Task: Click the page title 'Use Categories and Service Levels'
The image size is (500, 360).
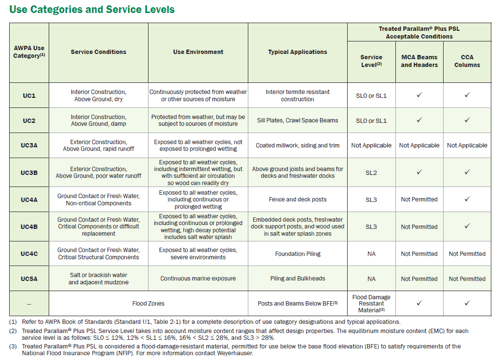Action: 92,10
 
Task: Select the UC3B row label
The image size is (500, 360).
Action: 29,173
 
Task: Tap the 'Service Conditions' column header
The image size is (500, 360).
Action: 98,52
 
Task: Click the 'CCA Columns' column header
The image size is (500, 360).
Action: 467,61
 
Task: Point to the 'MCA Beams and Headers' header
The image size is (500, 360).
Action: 419,61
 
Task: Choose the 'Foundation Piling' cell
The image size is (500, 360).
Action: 298,254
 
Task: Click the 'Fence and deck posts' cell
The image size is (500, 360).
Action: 298,200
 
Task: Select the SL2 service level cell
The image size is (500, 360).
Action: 371,173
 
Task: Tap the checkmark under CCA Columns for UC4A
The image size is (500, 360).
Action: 467,199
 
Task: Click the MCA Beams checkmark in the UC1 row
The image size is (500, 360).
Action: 419,94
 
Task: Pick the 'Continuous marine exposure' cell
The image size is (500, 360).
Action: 198,279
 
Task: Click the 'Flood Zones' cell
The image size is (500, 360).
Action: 149,304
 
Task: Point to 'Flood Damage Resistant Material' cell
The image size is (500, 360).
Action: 371,304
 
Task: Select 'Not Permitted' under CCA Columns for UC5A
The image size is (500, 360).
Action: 467,279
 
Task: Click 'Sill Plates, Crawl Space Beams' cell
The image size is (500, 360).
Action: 298,120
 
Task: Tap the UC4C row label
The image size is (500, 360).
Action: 29,254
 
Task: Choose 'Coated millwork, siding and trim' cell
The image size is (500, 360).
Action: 298,146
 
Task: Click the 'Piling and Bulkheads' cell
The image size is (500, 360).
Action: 298,279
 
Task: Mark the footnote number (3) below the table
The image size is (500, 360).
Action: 13,347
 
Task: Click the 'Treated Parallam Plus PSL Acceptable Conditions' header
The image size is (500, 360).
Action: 419,32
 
